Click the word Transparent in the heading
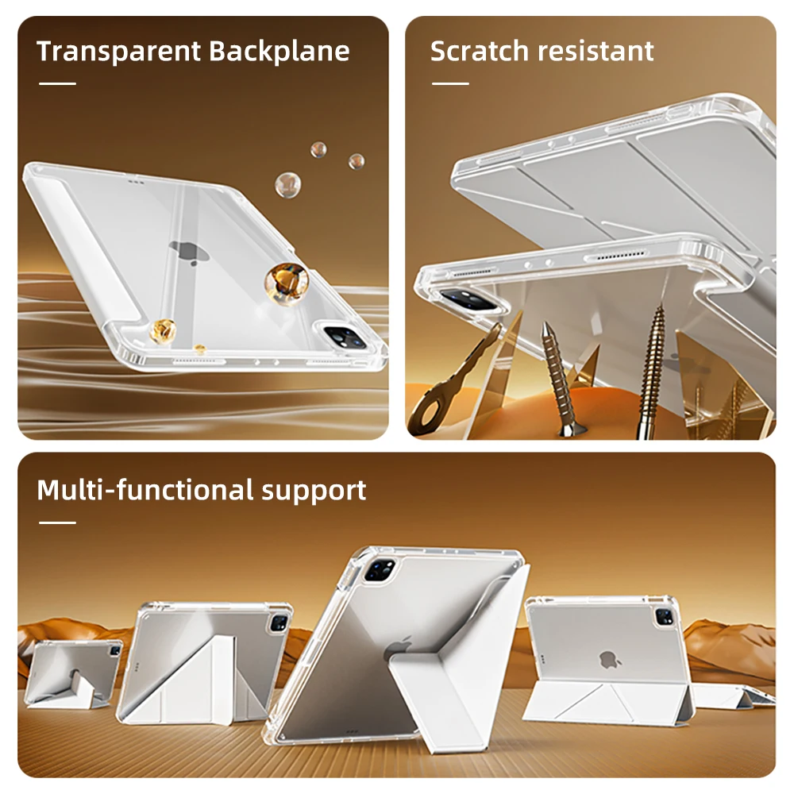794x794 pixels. [x=119, y=52]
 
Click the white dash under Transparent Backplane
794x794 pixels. [x=57, y=83]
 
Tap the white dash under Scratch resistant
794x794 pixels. [x=450, y=83]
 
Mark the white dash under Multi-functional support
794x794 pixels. [x=57, y=522]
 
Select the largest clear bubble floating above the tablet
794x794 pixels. [x=287, y=184]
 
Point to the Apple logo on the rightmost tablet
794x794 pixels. [x=610, y=659]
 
